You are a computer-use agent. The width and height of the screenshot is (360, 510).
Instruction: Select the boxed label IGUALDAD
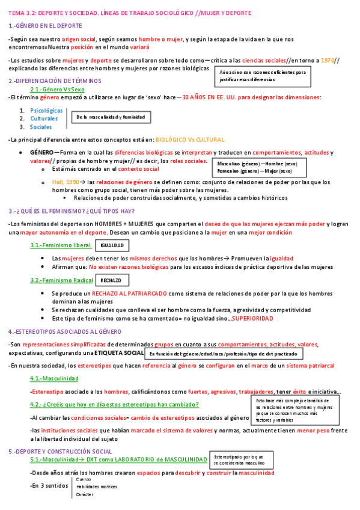click(x=112, y=246)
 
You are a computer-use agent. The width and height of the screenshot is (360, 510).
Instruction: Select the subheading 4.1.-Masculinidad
click(x=54, y=378)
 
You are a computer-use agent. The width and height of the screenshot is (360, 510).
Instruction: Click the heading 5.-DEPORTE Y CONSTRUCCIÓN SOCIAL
click(x=60, y=451)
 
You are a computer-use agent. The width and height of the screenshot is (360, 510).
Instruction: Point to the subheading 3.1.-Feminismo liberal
click(x=61, y=245)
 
